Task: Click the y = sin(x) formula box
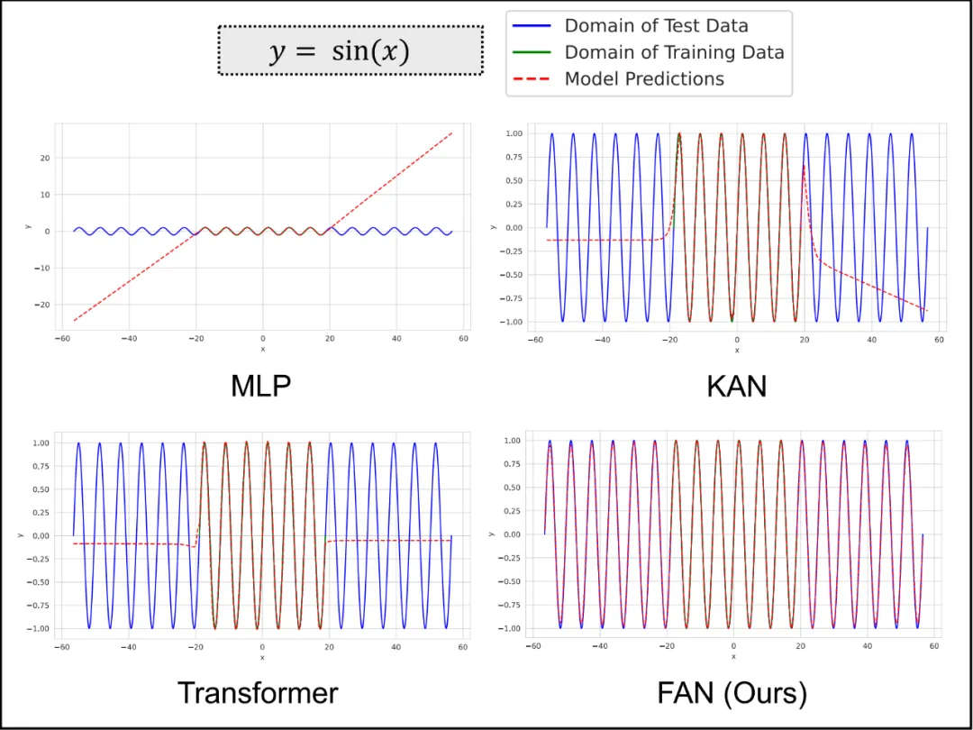[x=350, y=50]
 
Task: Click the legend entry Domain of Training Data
[x=674, y=52]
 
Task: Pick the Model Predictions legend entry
[x=644, y=79]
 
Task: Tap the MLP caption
[x=261, y=386]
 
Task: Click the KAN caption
[x=737, y=386]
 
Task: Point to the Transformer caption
[x=258, y=692]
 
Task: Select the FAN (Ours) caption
[x=732, y=692]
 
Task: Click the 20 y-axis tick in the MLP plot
[x=44, y=159]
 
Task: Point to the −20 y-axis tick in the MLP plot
[x=42, y=305]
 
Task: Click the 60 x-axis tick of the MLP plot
[x=463, y=339]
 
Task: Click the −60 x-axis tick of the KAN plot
[x=534, y=340]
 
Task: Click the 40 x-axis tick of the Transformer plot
[x=396, y=646]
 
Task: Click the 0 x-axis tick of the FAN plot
[x=733, y=646]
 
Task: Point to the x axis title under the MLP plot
[x=262, y=350]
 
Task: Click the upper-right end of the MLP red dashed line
[x=451, y=132]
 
